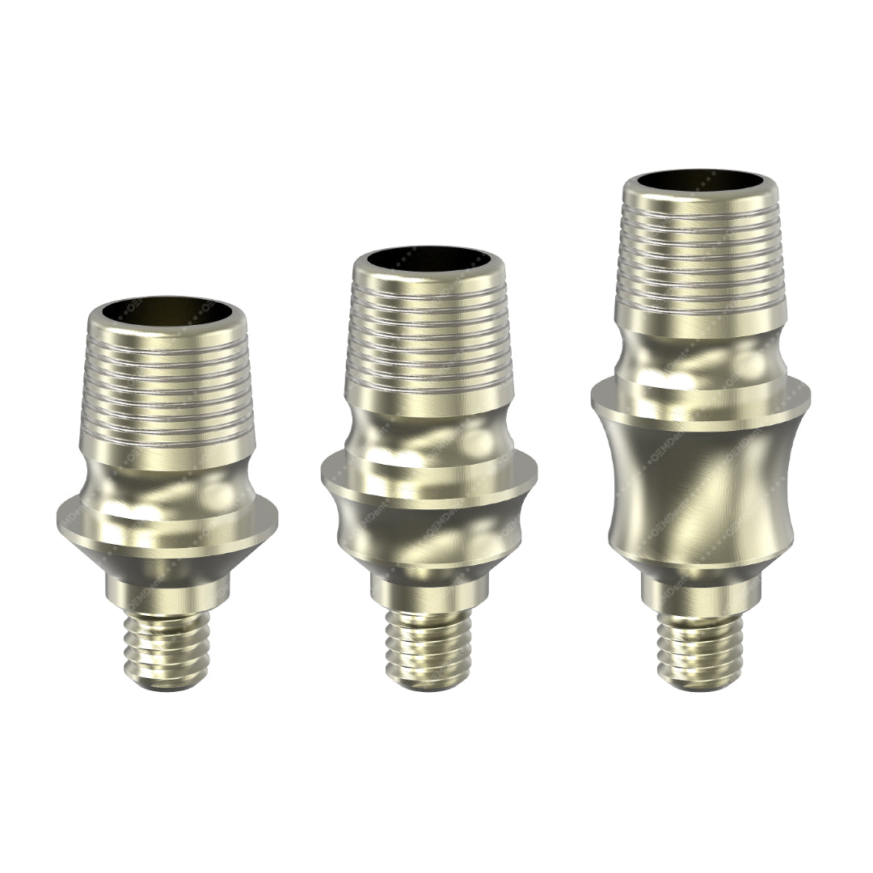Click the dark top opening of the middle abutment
point(428,260)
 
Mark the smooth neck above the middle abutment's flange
point(428,436)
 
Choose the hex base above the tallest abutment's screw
point(700,594)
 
